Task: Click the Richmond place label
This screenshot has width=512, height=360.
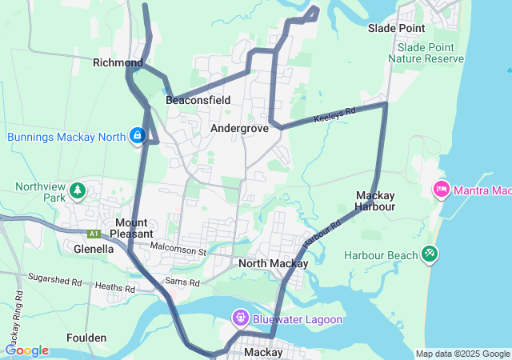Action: [118, 62]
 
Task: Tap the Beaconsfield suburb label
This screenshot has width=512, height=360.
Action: [198, 100]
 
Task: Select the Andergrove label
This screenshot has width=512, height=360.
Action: [239, 128]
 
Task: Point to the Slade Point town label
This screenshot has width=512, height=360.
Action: [396, 28]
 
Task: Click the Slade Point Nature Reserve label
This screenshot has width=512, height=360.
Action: [426, 54]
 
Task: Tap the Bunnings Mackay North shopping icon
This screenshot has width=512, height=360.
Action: [138, 136]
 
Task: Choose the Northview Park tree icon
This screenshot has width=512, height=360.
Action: [78, 190]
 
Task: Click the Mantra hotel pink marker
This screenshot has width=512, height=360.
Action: [440, 190]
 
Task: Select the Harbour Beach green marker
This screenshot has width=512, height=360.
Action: [430, 254]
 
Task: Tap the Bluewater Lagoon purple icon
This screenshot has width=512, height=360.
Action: [240, 319]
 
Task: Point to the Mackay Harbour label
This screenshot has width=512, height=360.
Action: [375, 201]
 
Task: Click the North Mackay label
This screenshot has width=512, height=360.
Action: [273, 263]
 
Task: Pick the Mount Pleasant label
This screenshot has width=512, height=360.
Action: [130, 228]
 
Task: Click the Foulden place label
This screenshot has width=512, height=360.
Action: [86, 338]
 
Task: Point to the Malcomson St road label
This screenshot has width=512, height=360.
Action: [178, 251]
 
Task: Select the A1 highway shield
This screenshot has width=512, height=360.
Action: [94, 234]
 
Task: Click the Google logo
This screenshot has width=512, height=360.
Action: [26, 350]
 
